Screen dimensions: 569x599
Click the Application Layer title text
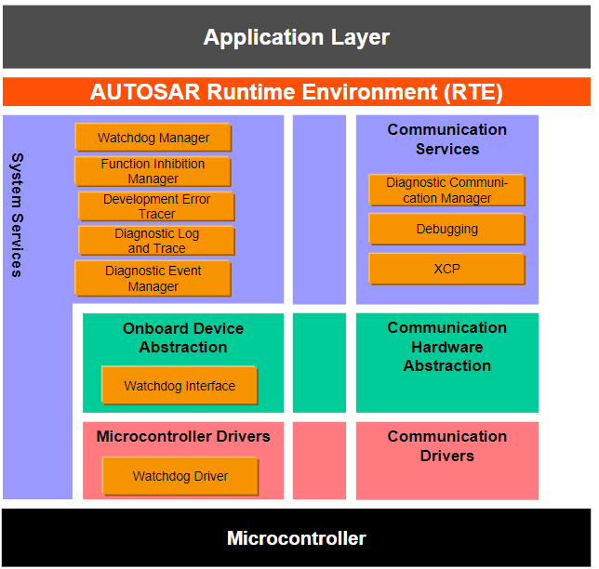click(296, 38)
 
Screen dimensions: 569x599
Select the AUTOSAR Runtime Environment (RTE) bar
click(296, 92)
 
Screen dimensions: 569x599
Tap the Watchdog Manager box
click(153, 138)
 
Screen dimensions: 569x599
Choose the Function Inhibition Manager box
click(153, 171)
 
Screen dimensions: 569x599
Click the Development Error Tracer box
click(156, 206)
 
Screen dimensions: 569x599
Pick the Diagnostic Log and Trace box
click(156, 241)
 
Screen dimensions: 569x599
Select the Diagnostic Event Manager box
click(153, 279)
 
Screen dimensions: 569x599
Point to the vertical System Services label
click(16, 215)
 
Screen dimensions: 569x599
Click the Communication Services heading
click(446, 139)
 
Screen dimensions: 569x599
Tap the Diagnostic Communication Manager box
click(446, 191)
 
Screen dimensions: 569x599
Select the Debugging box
click(446, 229)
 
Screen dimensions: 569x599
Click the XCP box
click(446, 269)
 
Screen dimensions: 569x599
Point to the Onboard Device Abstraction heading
click(183, 337)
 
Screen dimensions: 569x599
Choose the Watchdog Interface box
click(180, 386)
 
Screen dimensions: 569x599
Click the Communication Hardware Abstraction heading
click(446, 347)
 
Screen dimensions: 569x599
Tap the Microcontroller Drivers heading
click(183, 436)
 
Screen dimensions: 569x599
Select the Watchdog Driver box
click(180, 476)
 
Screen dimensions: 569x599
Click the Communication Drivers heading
click(446, 446)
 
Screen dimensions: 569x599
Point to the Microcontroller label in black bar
click(296, 538)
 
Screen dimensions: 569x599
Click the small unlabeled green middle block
click(319, 363)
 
